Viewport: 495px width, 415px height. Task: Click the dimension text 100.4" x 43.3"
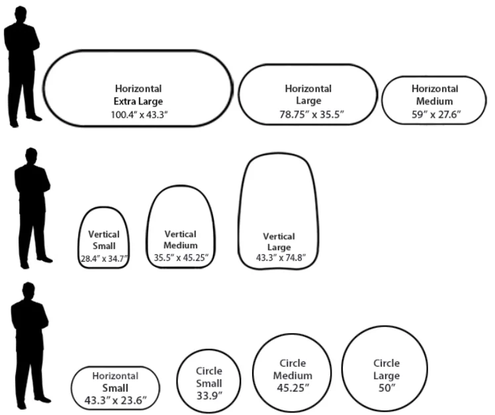(138, 114)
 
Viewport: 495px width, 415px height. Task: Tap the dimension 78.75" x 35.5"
(312, 114)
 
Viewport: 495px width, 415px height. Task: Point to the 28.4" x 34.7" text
(103, 257)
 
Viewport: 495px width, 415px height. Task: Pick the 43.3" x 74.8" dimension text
(279, 258)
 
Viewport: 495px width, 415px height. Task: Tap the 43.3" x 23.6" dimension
(116, 400)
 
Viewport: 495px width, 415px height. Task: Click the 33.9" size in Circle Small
(208, 395)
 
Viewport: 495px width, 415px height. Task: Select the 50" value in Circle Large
(386, 388)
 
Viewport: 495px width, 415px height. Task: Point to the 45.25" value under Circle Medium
(292, 388)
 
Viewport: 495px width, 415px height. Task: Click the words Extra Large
(138, 101)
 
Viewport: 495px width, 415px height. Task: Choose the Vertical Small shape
(103, 237)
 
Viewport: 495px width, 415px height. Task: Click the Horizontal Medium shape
(434, 100)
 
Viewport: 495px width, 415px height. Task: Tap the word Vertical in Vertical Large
(279, 236)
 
